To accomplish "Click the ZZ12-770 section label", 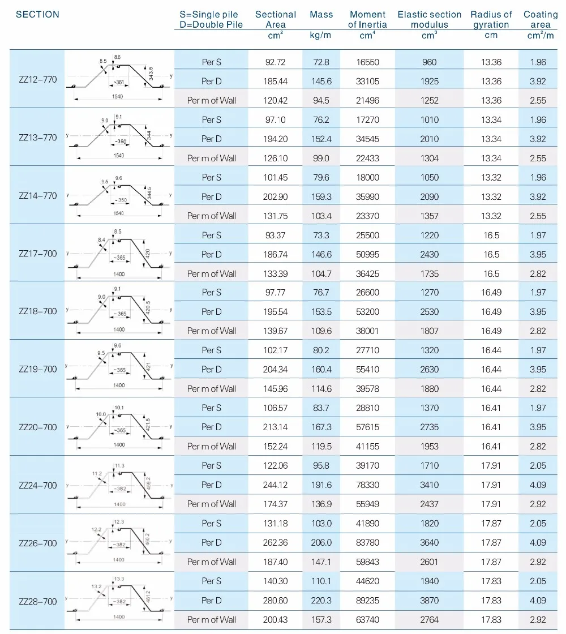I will coord(38,80).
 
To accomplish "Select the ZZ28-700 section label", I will coord(38,601).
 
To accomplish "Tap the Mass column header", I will coord(321,15).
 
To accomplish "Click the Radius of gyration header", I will coord(491,20).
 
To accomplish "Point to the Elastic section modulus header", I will coord(429,20).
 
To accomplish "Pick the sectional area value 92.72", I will coord(276,62).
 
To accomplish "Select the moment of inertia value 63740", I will coord(367,619).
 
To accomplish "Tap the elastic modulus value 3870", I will coord(429,600).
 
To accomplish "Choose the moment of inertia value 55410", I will coord(367,369).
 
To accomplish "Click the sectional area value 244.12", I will coord(276,485).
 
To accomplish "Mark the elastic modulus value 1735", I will coord(429,274).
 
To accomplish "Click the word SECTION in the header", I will coord(37,15).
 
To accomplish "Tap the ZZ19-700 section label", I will coord(38,369).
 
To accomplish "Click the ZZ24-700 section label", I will coord(38,485).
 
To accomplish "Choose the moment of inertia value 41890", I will coord(367,523).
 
